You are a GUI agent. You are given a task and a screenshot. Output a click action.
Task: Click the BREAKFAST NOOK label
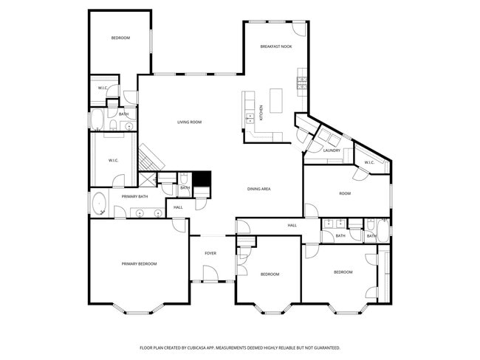point(276,46)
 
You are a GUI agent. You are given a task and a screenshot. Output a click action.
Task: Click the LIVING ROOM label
point(189,122)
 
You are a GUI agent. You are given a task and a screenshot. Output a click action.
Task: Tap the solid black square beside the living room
point(202,179)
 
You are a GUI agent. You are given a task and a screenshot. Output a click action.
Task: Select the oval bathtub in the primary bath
point(98,204)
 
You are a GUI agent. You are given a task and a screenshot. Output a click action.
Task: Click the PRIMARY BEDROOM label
point(139,263)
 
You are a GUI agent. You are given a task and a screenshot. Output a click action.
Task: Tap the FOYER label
point(210,253)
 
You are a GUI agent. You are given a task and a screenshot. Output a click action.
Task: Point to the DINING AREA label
point(258,189)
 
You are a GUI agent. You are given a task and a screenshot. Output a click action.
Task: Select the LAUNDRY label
point(332,150)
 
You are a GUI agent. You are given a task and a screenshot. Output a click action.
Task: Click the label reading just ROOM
point(344,193)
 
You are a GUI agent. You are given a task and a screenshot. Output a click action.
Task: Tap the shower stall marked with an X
point(148,180)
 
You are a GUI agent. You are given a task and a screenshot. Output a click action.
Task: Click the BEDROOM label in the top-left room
point(120,38)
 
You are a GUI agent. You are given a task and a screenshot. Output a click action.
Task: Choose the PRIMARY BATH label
point(135,196)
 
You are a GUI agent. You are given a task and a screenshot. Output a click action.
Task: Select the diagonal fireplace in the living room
point(150,156)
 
